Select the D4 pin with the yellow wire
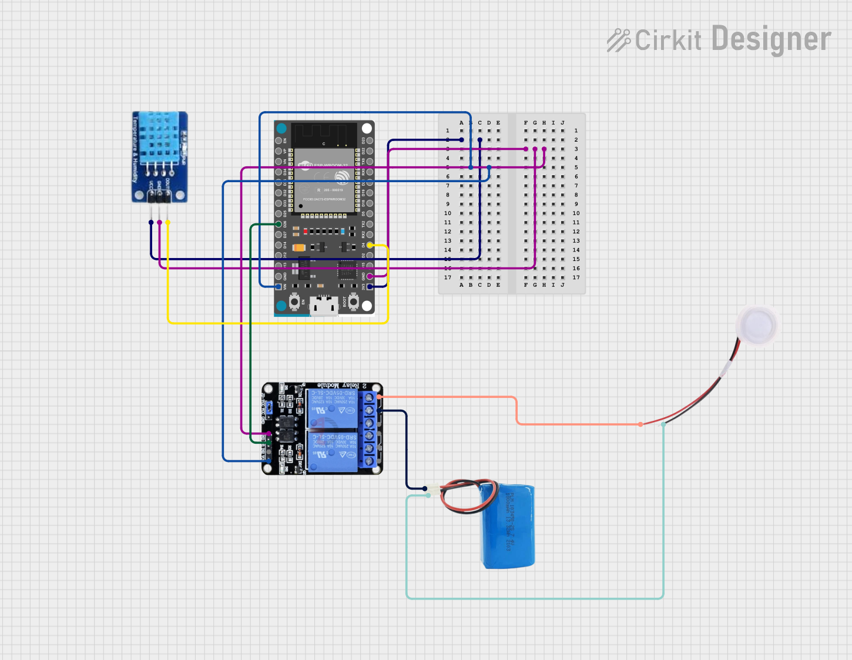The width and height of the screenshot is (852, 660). click(370, 245)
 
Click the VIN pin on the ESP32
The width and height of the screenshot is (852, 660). click(278, 286)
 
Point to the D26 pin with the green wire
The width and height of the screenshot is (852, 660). click(279, 224)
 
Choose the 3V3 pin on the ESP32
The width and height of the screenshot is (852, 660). click(370, 286)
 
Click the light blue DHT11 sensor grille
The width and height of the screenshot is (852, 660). click(156, 138)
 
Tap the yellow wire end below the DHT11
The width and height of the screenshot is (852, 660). click(168, 222)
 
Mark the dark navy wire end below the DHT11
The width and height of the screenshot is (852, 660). click(151, 222)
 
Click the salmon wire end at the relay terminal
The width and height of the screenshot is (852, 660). click(379, 397)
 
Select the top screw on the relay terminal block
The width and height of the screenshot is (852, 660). click(370, 398)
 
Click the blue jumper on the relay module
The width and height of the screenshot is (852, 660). click(268, 407)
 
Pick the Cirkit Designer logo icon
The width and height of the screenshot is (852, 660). click(618, 40)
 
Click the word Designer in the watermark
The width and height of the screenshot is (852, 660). click(771, 39)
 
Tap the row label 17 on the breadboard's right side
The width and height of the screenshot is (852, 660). click(576, 277)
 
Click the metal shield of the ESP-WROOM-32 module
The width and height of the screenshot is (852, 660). click(324, 179)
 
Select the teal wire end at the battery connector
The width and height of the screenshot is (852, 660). click(428, 495)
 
